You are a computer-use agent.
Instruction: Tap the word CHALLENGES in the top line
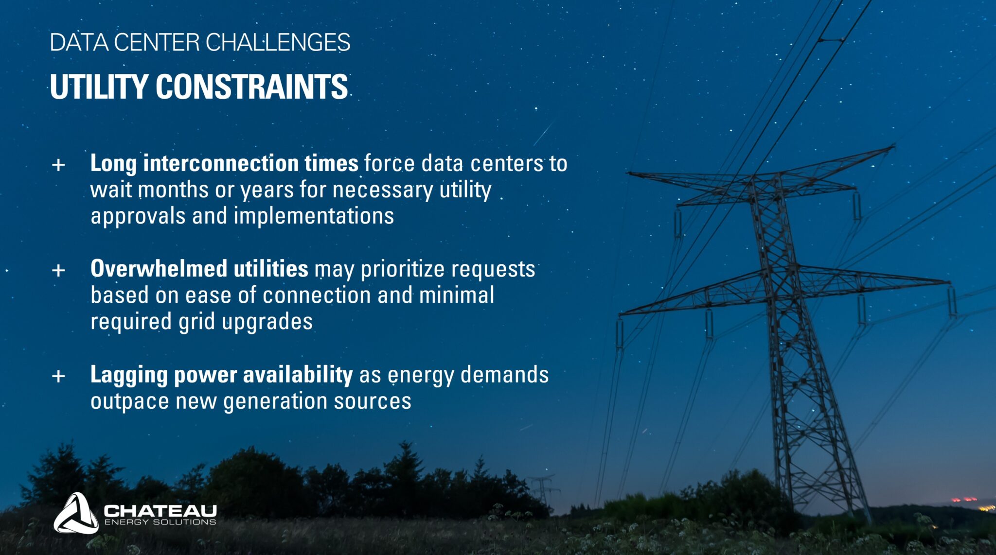click(x=278, y=42)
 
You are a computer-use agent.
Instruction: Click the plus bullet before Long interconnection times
click(x=58, y=165)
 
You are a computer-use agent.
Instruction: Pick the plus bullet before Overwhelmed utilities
click(x=58, y=270)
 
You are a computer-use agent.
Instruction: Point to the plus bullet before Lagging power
click(x=58, y=376)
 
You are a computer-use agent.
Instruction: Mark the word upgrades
click(x=267, y=322)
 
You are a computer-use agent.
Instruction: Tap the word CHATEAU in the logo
click(x=160, y=511)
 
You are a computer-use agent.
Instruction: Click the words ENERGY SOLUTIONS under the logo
click(x=160, y=522)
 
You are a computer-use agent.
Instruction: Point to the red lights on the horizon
click(x=963, y=499)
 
